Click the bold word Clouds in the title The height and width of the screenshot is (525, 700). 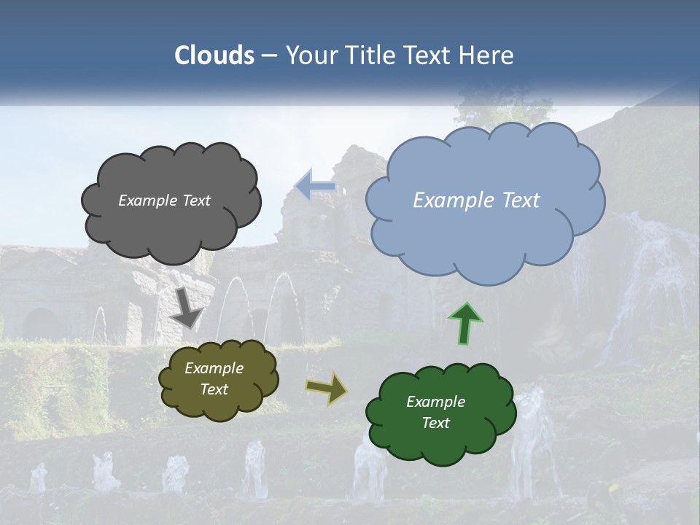(214, 55)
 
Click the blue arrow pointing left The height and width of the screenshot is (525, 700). (316, 187)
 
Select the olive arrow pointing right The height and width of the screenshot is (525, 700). (327, 388)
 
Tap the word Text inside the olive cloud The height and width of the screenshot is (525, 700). (214, 389)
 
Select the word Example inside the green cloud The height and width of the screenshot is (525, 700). (435, 402)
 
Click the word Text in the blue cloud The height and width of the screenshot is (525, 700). (521, 201)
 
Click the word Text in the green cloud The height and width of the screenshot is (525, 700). (435, 423)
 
